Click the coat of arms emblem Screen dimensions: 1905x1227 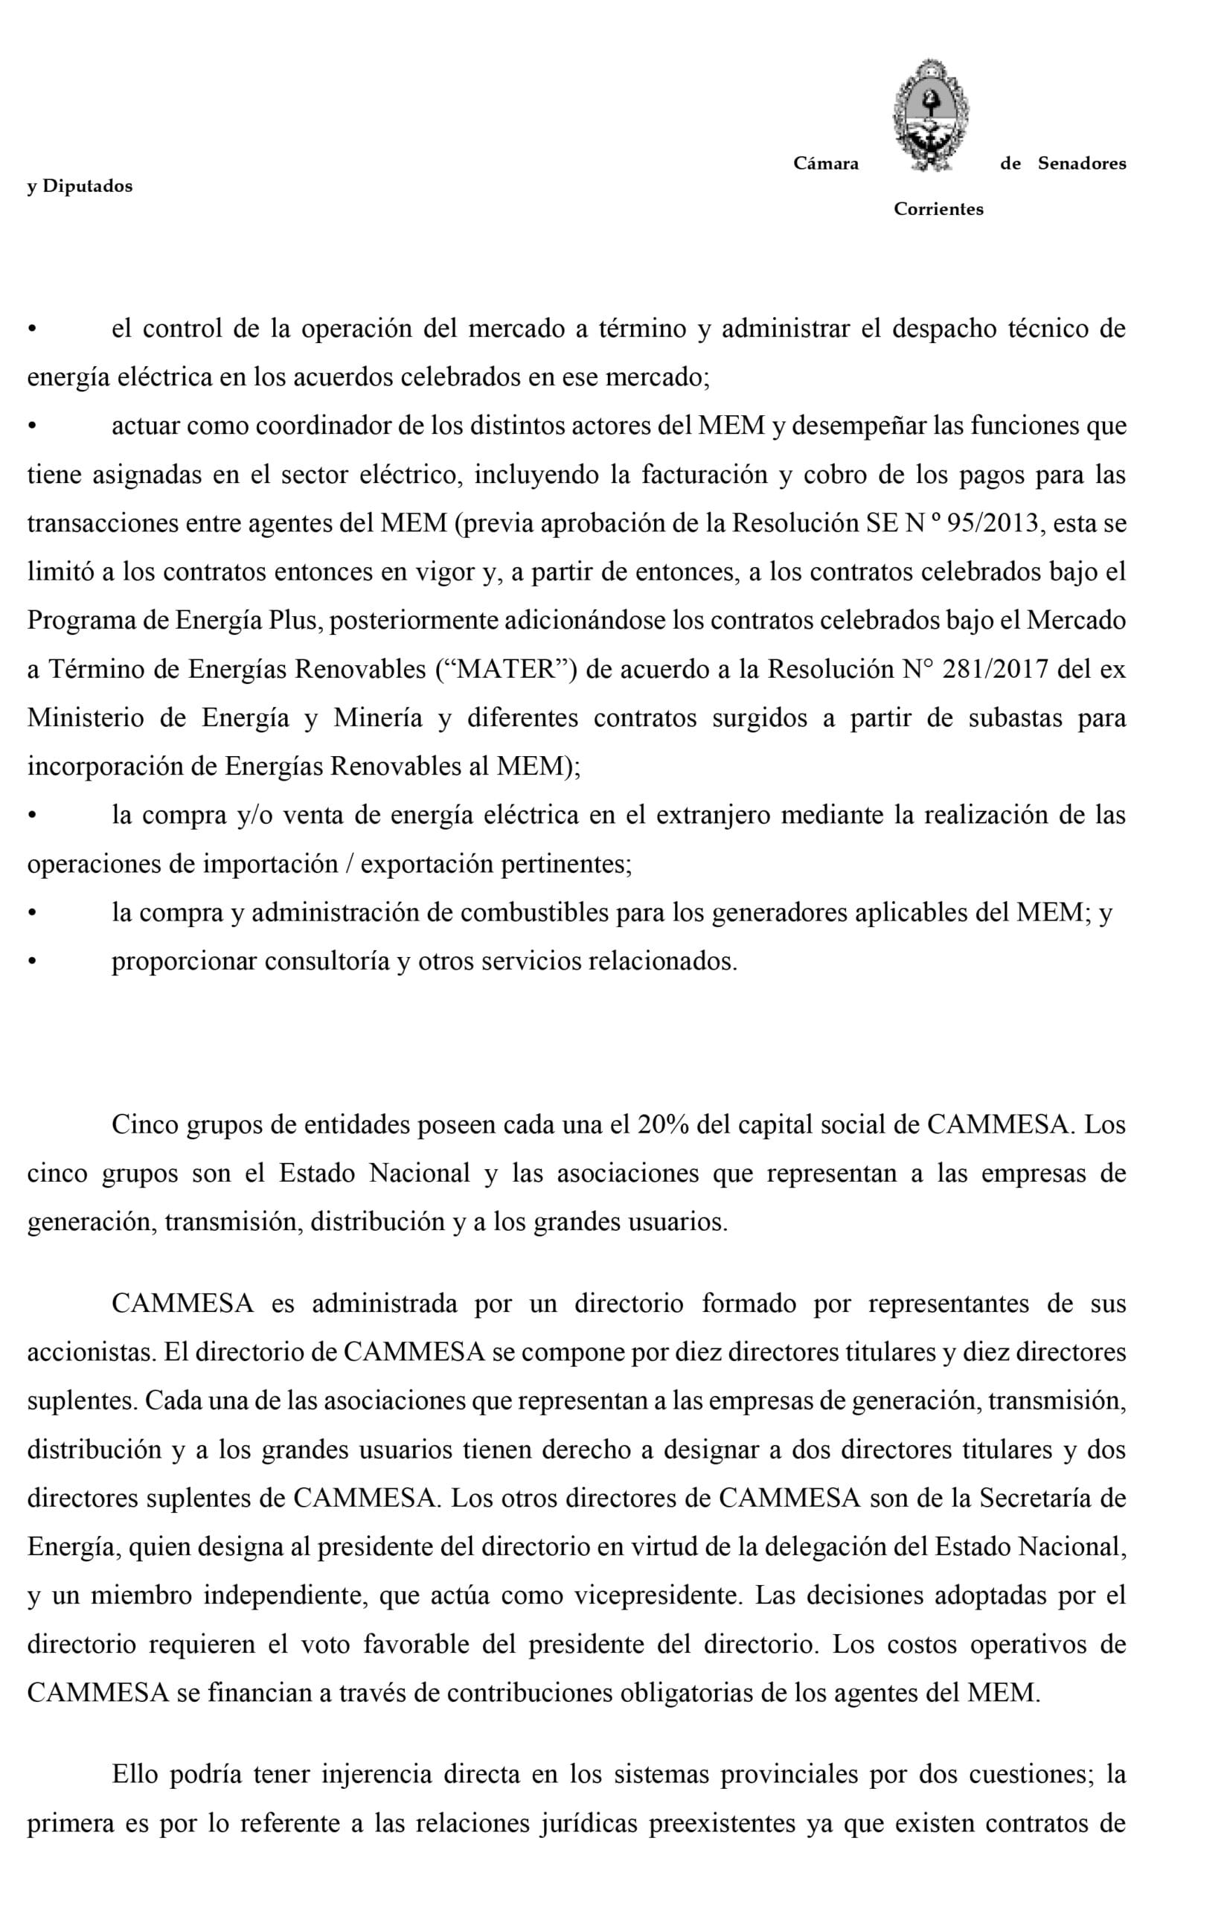click(930, 115)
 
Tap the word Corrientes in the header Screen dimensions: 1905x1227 click(938, 210)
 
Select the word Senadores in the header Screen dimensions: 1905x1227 click(1081, 164)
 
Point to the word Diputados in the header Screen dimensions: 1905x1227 click(88, 187)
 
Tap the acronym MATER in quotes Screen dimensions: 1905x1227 click(507, 669)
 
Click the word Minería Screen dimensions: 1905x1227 click(378, 718)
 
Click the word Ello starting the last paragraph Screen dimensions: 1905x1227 click(135, 1775)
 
